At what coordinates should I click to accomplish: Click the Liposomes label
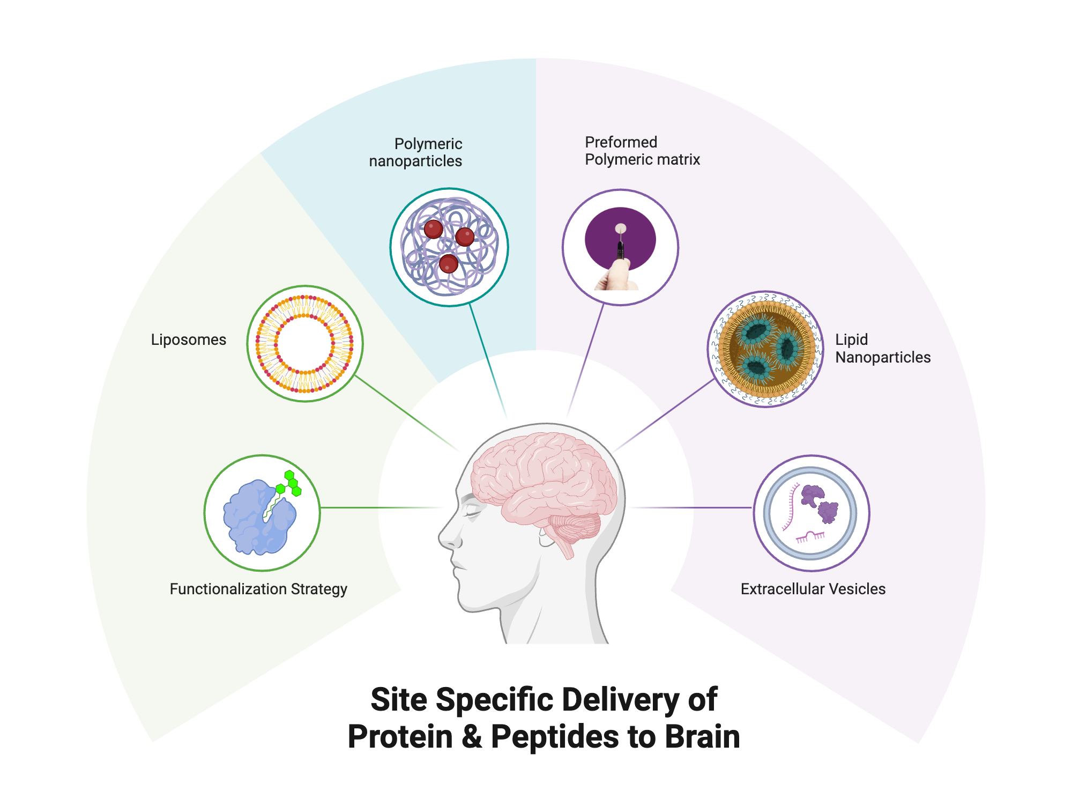coord(188,340)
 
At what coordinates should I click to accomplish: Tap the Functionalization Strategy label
coord(258,589)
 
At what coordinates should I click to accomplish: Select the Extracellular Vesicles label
coord(813,589)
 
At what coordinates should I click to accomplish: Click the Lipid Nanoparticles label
coord(882,349)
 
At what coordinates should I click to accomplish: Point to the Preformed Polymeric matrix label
coord(642,151)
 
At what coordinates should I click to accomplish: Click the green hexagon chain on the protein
coord(291,483)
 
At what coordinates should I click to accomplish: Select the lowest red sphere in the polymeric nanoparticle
coord(448,264)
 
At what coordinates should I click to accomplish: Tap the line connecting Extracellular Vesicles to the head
coord(697,507)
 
